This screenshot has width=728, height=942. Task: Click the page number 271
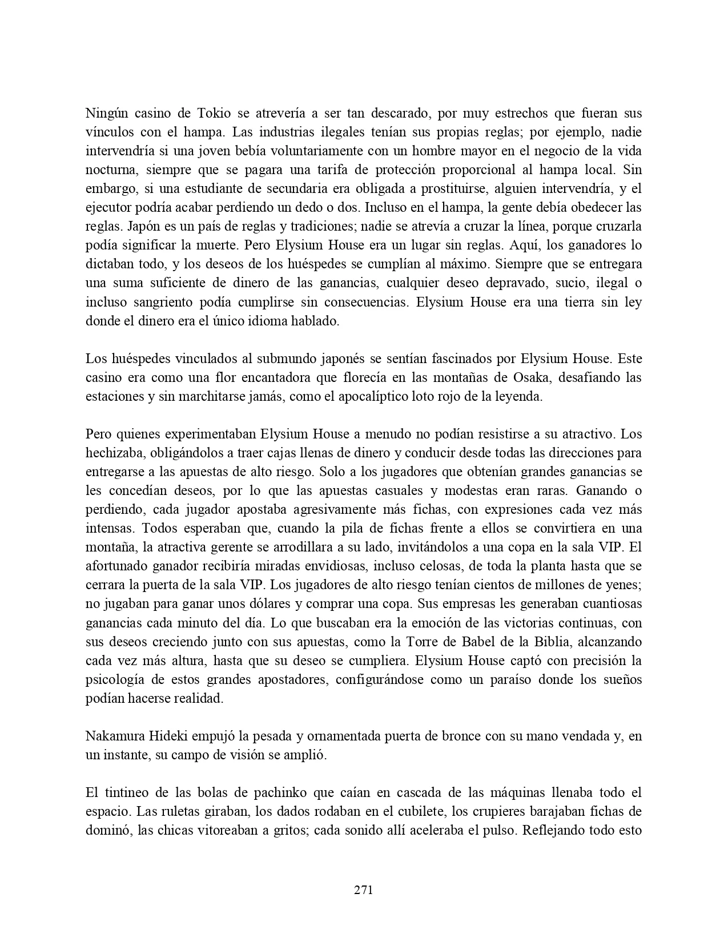click(x=364, y=889)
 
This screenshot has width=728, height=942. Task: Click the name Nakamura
click(x=112, y=736)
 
